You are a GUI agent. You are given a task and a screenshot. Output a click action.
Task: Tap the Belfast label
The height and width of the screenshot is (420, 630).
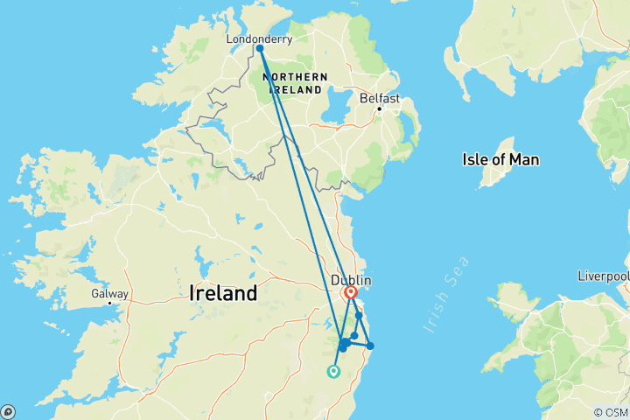380,99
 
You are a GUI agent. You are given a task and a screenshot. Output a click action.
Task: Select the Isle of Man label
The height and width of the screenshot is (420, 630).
500,159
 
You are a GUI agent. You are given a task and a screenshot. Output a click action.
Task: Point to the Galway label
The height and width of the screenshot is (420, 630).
109,294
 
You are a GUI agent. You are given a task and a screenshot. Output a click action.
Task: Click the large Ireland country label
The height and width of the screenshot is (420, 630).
223,293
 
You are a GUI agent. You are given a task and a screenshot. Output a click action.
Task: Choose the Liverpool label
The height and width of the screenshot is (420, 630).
603,276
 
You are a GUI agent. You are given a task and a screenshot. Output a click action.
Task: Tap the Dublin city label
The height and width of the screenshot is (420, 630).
352,280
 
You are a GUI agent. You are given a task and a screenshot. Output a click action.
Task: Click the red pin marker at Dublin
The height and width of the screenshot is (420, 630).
351,292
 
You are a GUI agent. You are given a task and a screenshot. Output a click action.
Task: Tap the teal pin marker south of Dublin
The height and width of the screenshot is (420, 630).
333,372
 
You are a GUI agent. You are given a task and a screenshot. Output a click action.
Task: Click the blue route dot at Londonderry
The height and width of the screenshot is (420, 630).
260,49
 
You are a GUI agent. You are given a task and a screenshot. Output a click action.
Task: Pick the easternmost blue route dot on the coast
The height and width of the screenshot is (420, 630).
370,346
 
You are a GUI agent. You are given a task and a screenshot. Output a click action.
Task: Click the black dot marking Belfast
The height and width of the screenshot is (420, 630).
379,108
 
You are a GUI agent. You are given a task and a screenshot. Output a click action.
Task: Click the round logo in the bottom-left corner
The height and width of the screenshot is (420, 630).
8,411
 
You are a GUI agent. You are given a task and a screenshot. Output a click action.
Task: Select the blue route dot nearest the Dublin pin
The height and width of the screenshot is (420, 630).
359,316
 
